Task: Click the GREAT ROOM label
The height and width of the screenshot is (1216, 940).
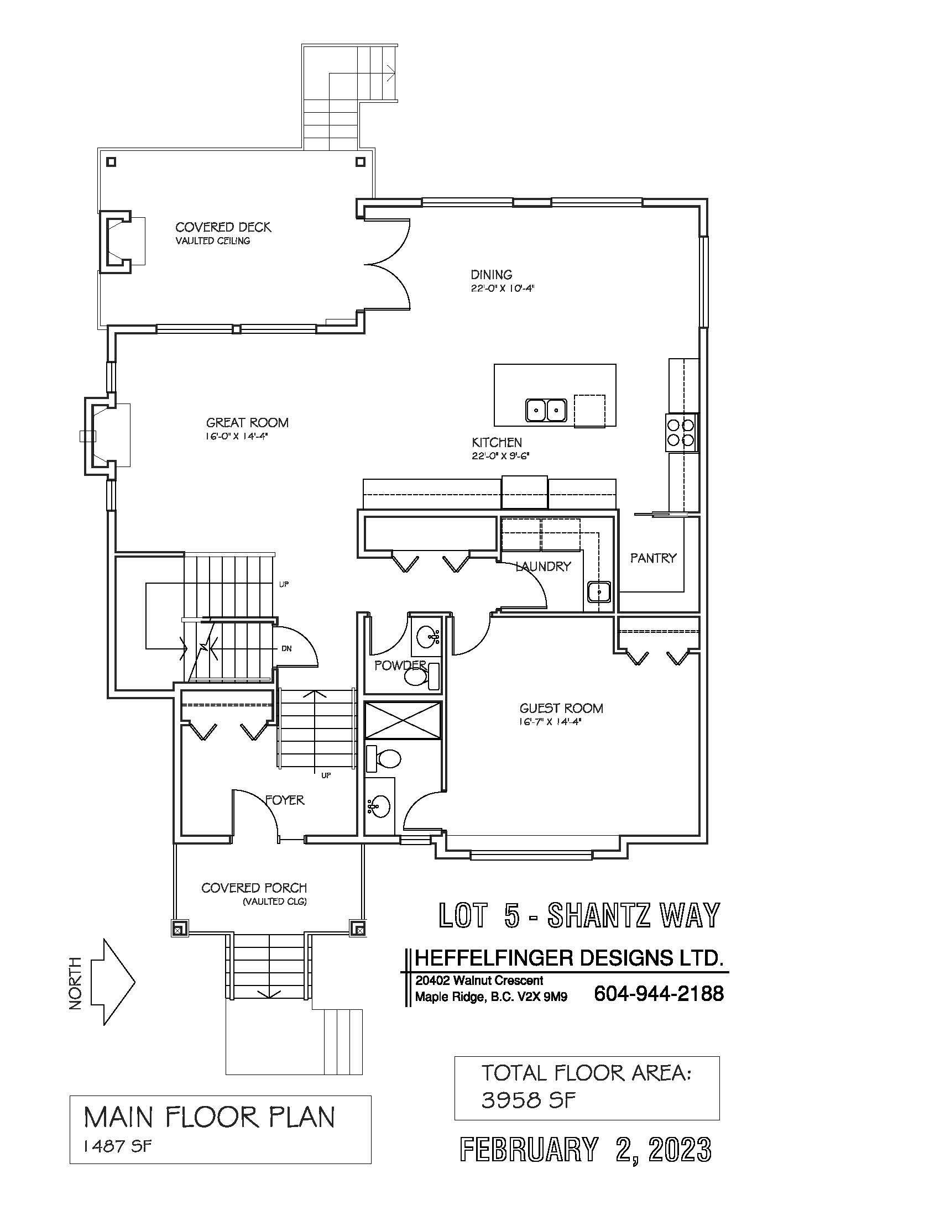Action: coord(247,423)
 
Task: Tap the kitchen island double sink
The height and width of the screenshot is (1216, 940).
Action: coord(546,410)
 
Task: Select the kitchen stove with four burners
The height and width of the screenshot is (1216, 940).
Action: coord(681,433)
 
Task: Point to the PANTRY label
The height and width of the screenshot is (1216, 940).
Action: coord(653,557)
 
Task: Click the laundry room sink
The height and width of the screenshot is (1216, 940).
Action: coord(599,592)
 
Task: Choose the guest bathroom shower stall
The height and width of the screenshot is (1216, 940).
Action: coord(403,721)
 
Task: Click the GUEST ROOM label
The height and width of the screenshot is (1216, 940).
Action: coord(561,708)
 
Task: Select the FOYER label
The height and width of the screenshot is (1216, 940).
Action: coord(285,800)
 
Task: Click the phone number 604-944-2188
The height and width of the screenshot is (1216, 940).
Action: coord(659,993)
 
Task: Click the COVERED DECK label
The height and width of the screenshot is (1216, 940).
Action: coord(223,227)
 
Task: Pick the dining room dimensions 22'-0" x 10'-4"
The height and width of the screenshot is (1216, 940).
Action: coord(503,289)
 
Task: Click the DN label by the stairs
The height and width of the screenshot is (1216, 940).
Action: coord(286,649)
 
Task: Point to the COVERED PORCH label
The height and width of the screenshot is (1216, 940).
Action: coord(254,888)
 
